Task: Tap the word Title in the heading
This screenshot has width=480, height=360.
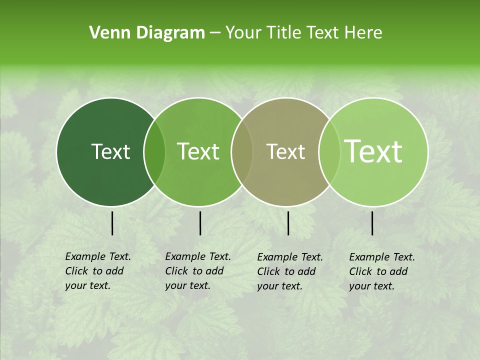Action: tap(283, 33)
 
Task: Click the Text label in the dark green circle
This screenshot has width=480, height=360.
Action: tap(110, 151)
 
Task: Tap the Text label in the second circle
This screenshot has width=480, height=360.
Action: tap(198, 151)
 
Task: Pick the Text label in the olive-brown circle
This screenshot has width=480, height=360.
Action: tap(286, 151)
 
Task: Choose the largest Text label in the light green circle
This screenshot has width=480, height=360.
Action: tap(373, 151)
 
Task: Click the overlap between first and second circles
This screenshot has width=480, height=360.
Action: tap(154, 152)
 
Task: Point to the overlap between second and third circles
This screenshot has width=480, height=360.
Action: tap(242, 152)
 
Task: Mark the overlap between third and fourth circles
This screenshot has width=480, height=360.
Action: tap(328, 152)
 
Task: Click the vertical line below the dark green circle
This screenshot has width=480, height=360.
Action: tap(112, 223)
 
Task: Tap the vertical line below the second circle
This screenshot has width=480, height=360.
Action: tap(200, 223)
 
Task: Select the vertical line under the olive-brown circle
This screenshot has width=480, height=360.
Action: tap(288, 223)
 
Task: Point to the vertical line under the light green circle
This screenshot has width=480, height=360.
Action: tap(372, 223)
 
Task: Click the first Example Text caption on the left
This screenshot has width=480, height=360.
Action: tap(97, 271)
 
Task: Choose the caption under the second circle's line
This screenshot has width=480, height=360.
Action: tap(197, 271)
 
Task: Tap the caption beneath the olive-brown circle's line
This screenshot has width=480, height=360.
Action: tap(289, 271)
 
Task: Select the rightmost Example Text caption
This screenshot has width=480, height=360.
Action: tap(381, 271)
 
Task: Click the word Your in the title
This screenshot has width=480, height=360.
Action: tap(244, 33)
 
